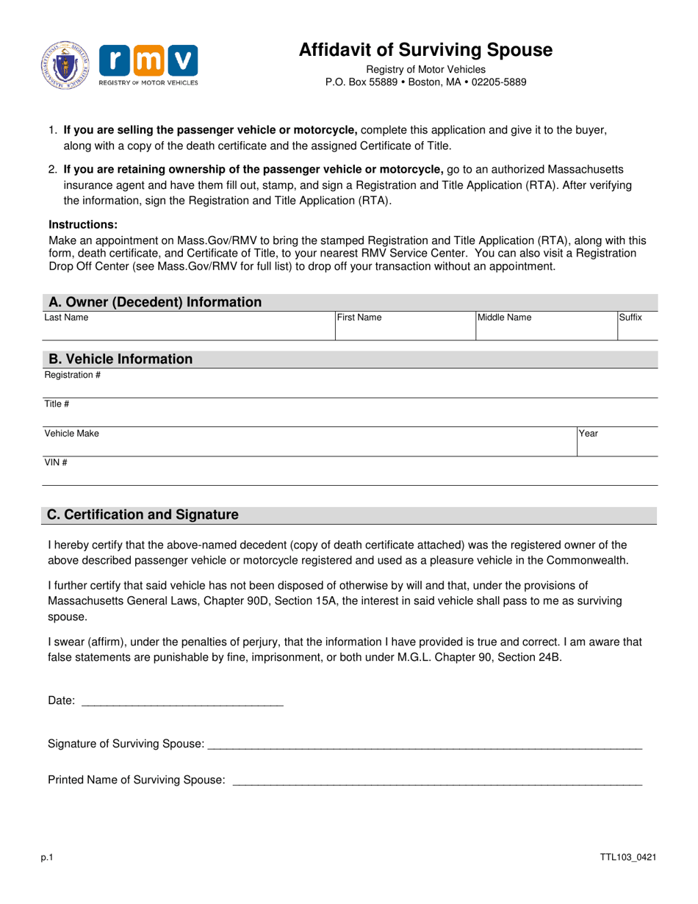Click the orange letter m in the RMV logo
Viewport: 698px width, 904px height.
[x=148, y=60]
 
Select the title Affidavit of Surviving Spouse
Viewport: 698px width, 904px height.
[x=425, y=50]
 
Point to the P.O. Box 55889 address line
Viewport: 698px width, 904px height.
[x=425, y=82]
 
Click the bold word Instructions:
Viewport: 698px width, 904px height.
[x=82, y=225]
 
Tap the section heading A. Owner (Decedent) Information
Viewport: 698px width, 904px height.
[x=154, y=302]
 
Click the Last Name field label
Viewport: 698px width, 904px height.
[x=66, y=318]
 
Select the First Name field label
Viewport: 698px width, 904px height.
[x=359, y=318]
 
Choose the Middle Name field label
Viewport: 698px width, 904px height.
[x=505, y=318]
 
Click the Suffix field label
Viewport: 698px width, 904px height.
[x=630, y=318]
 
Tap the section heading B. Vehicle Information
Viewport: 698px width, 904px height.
[x=120, y=359]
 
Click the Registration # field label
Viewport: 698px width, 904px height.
[x=72, y=376]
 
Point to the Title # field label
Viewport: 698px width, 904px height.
[x=57, y=404]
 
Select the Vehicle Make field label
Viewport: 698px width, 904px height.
[x=71, y=434]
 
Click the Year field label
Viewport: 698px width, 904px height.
[x=589, y=434]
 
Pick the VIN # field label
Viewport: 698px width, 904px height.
[x=56, y=462]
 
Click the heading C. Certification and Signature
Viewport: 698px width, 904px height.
[x=143, y=514]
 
